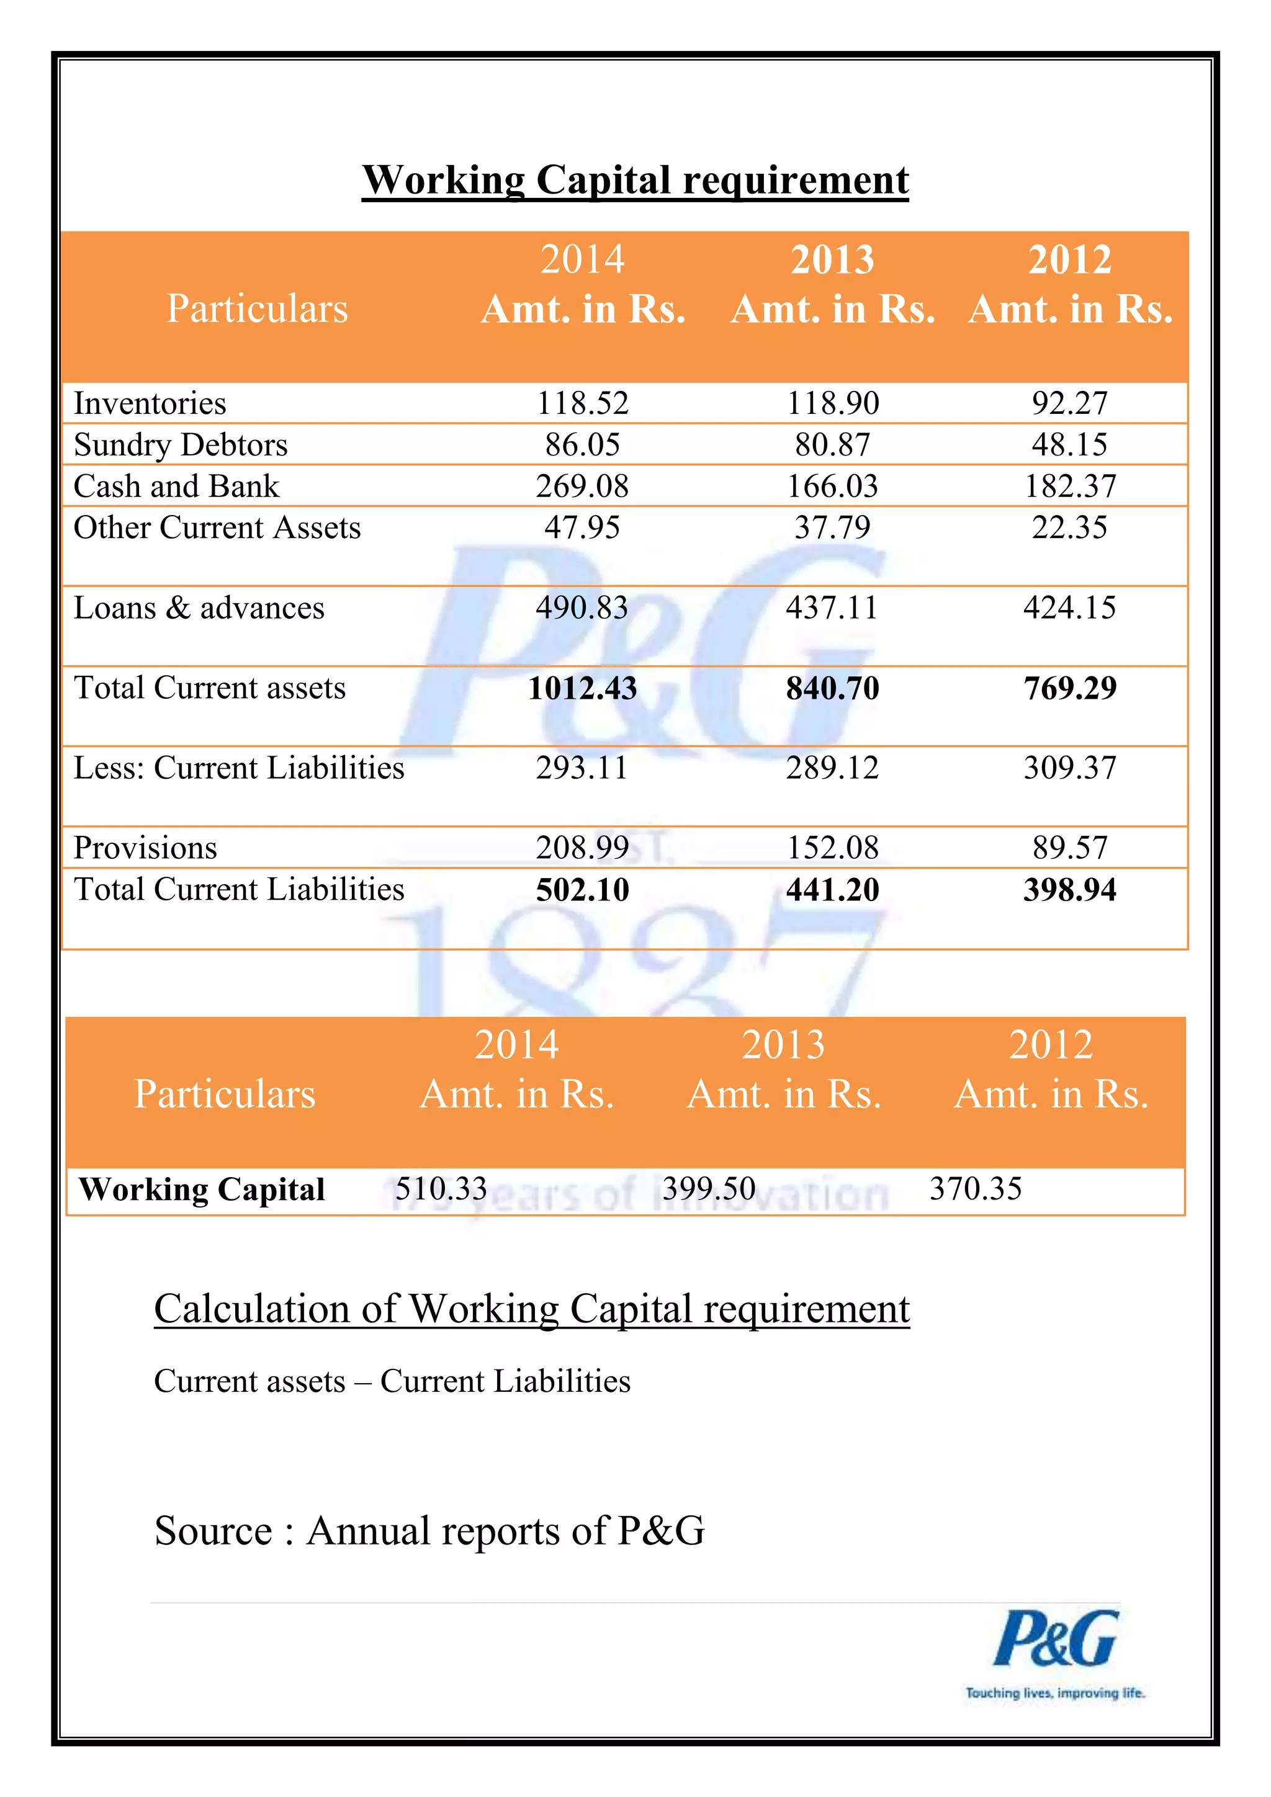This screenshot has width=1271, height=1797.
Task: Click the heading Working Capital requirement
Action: [x=635, y=180]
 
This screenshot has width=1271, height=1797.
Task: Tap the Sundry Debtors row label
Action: [x=181, y=444]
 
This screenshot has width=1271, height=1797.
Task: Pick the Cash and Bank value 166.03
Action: [x=832, y=486]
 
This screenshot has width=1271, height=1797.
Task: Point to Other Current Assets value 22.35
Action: [x=1069, y=527]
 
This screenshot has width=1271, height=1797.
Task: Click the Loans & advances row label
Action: [x=199, y=608]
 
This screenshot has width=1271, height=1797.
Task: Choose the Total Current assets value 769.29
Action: [x=1069, y=688]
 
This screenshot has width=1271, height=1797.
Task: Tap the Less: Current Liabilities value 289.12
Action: [x=832, y=768]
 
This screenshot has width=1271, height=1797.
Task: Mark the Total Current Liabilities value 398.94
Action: [x=1069, y=890]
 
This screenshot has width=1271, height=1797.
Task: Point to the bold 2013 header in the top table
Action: [x=832, y=260]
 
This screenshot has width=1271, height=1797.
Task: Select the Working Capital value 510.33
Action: [x=441, y=1189]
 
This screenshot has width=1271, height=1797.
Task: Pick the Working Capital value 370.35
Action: [x=975, y=1189]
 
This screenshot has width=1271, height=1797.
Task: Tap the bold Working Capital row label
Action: [x=202, y=1190]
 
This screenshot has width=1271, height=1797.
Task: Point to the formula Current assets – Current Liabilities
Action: [x=392, y=1381]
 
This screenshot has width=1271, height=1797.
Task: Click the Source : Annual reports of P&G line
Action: [x=429, y=1531]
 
